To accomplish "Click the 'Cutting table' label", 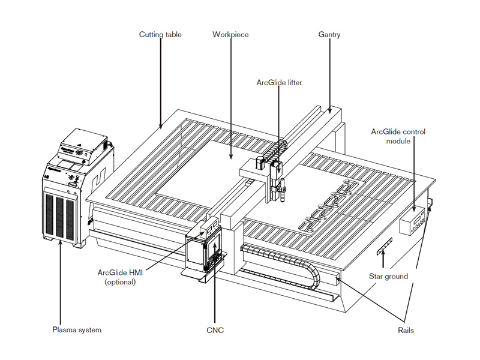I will (160, 35).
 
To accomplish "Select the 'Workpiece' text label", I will (230, 35).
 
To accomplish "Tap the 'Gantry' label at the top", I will (329, 35).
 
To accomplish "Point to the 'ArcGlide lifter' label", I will (278, 83).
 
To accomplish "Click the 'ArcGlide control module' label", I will (398, 136).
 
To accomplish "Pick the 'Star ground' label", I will (388, 277).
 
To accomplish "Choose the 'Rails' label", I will (405, 330).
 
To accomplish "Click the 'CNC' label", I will (214, 330).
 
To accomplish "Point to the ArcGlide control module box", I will (415, 222).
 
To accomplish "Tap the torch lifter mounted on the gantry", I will (277, 180).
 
